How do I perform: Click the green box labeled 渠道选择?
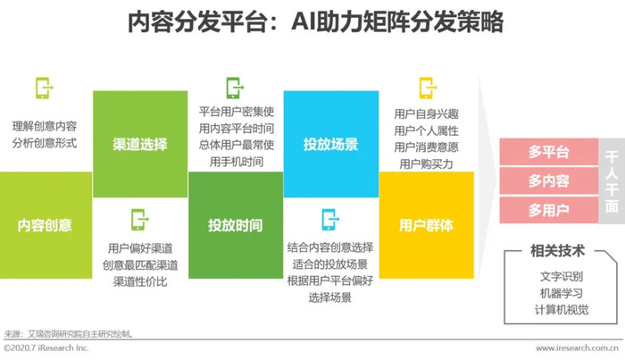(x=140, y=144)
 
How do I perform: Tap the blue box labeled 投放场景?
(x=331, y=144)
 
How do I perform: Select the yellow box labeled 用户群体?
(x=427, y=225)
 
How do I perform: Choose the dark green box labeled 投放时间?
(x=236, y=225)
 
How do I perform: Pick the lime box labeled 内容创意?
(x=46, y=225)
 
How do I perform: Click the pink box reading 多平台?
(x=549, y=152)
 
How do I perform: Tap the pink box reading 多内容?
(x=549, y=181)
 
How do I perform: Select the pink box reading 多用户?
(x=549, y=210)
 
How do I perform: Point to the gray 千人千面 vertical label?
(x=612, y=181)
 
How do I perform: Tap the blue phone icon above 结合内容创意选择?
(x=330, y=220)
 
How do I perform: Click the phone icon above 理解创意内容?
(x=45, y=88)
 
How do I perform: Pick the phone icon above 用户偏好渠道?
(x=139, y=220)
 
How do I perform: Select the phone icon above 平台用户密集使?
(x=235, y=88)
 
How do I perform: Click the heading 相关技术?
(x=558, y=251)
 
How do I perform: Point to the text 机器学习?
(x=562, y=293)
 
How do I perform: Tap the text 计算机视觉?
(x=562, y=310)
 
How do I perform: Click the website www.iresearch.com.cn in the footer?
(x=577, y=348)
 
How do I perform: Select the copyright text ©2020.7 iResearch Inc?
(x=46, y=348)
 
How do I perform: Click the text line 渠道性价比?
(x=140, y=282)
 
